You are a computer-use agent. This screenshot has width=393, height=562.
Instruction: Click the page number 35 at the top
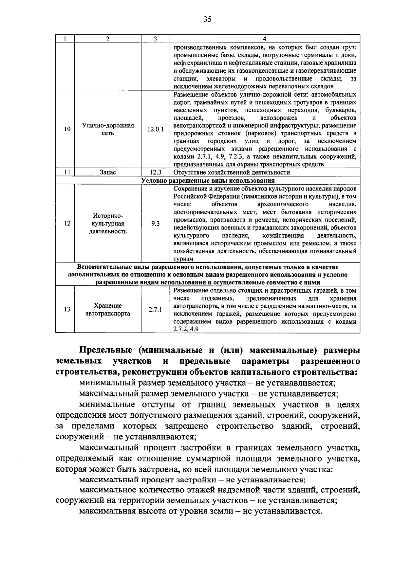(x=207, y=20)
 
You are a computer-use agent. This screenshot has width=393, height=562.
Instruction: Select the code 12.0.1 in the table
(x=155, y=129)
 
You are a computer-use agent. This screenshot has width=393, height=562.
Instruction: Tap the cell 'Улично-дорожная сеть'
(x=108, y=129)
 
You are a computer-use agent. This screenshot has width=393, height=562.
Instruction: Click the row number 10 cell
(x=67, y=129)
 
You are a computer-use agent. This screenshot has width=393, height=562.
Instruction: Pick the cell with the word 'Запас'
(x=108, y=172)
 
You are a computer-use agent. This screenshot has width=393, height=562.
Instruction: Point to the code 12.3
(x=155, y=172)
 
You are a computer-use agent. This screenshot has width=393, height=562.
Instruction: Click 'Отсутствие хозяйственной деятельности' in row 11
(x=232, y=172)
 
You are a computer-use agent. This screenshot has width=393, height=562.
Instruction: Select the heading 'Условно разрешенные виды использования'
(x=208, y=181)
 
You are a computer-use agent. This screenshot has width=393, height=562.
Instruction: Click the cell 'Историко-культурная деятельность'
(x=108, y=224)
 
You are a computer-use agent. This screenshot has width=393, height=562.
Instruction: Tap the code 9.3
(x=155, y=224)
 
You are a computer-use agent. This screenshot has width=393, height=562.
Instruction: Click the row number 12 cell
(x=67, y=224)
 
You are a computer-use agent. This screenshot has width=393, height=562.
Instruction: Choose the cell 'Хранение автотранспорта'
(x=108, y=310)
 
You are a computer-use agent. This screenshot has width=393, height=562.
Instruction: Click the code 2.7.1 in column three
(x=155, y=310)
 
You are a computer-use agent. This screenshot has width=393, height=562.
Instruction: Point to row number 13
(x=67, y=310)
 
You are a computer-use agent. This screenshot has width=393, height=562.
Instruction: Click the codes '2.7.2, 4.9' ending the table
(x=186, y=329)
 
